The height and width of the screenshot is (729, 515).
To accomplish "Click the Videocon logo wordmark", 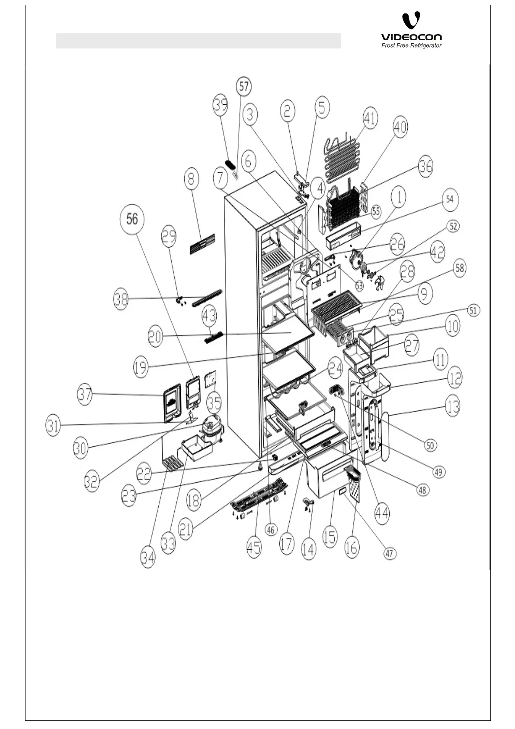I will coord(411,37).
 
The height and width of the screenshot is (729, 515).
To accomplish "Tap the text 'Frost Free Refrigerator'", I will coord(411,45).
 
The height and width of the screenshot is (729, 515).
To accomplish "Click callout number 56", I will coord(132,219).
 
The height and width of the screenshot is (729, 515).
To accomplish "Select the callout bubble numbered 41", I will coord(370,118).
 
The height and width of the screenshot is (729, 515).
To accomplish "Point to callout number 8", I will coord(191,179).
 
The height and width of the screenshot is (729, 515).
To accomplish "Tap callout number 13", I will coord(453,406).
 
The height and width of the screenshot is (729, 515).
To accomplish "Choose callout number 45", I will coord(254,547).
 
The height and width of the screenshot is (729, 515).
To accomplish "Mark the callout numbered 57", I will coord(244,87).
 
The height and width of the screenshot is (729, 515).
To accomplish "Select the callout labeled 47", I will coord(390,553).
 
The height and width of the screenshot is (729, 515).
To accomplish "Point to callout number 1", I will coord(399,197).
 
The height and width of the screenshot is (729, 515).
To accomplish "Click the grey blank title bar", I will coord(198,41).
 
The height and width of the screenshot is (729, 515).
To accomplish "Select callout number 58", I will coord(459,268).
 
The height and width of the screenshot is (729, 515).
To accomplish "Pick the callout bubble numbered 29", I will coord(169,236).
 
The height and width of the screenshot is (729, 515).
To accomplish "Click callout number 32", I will coord(91,482).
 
